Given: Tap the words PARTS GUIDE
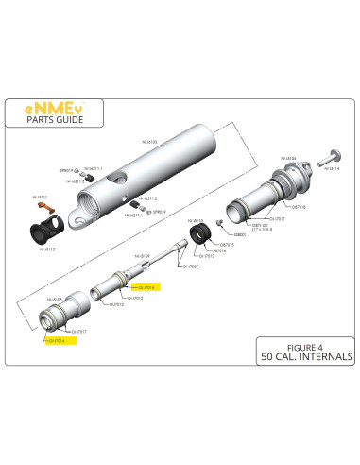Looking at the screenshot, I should click(51, 120).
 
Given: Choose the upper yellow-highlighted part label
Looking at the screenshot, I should click(146, 287).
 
